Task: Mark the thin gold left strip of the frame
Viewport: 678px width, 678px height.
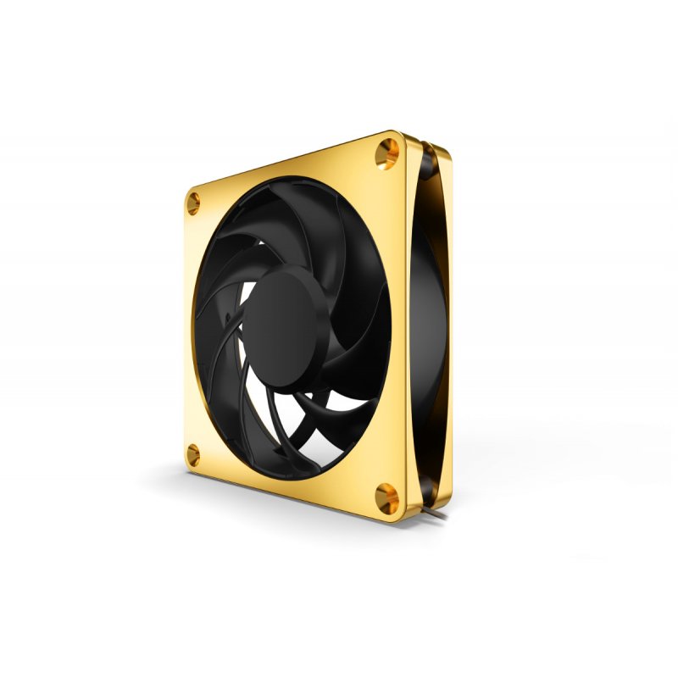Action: coord(187,331)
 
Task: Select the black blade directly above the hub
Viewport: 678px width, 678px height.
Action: coord(280,229)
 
